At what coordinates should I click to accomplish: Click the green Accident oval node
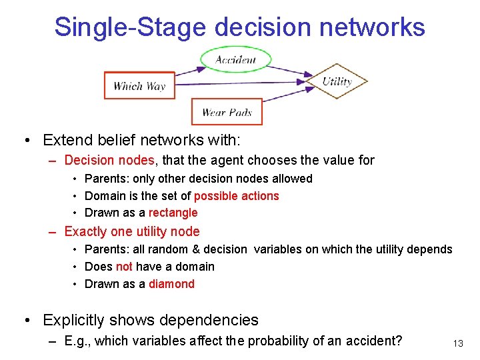coord(235,59)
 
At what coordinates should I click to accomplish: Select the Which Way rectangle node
coord(139,85)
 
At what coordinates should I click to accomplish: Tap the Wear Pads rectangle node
coord(227,112)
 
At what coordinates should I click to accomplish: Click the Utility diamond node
coord(337,81)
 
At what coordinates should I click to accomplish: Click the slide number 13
coord(457,343)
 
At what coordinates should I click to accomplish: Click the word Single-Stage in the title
coord(130,27)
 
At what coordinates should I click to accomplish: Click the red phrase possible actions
coord(236,196)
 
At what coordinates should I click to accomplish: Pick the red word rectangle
coord(173,213)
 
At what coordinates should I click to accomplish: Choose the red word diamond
coord(171,284)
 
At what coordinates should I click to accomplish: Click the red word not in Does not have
coord(124,267)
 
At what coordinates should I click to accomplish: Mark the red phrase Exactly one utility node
coord(131,231)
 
